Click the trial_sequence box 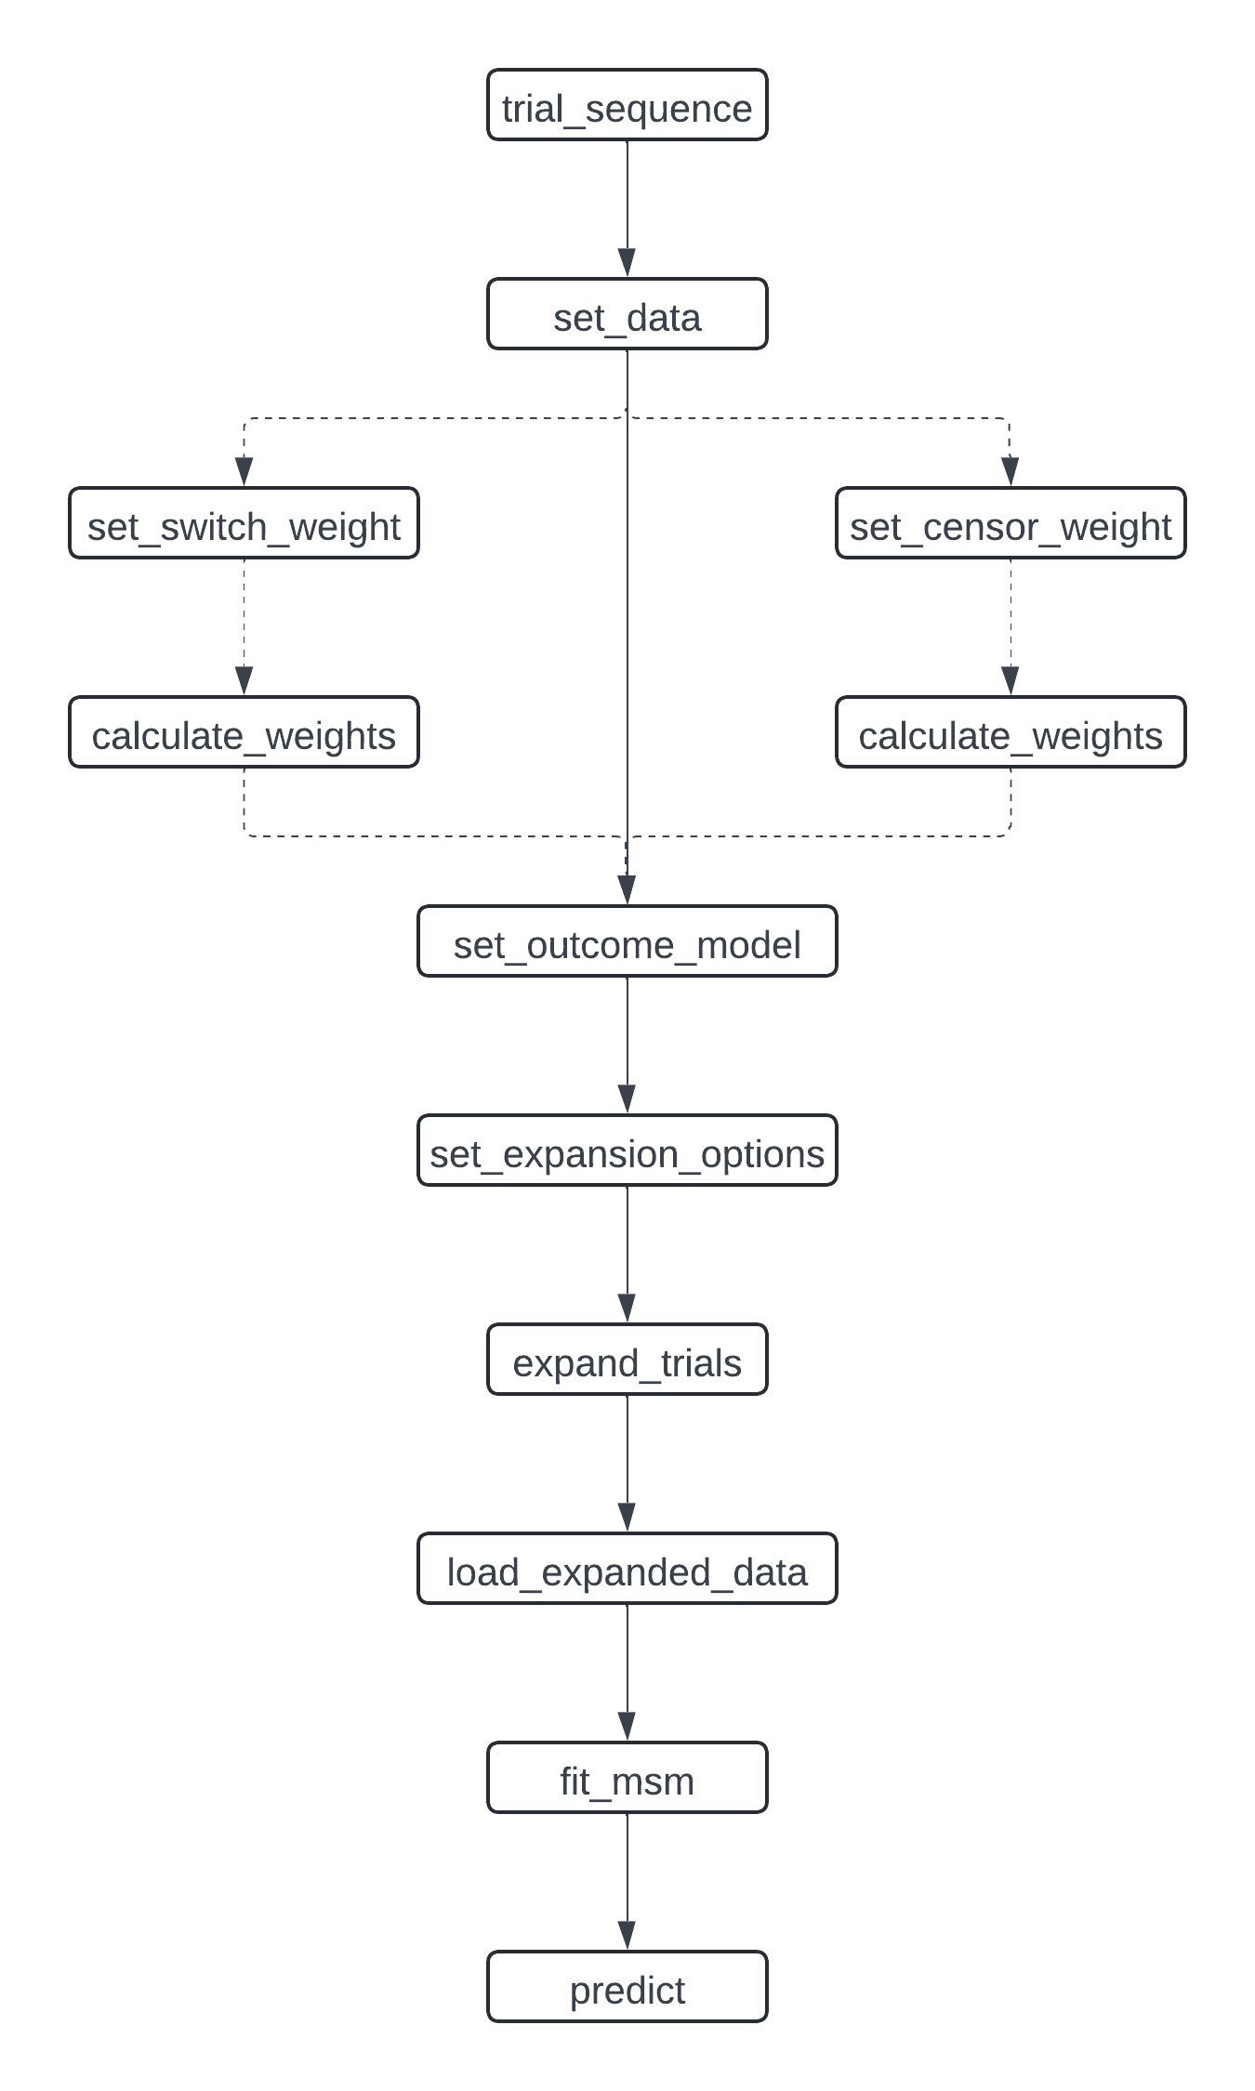[x=627, y=105]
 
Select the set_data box [x=627, y=314]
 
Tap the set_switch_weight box [x=244, y=523]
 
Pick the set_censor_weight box [x=1011, y=523]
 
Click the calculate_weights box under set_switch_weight [x=244, y=732]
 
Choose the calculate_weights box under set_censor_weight [x=1011, y=732]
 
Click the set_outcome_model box [x=627, y=941]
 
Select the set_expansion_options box [x=627, y=1151]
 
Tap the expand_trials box [x=627, y=1360]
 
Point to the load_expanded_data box [x=627, y=1569]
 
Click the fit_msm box [x=627, y=1778]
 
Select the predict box [x=627, y=1987]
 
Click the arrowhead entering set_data [x=627, y=263]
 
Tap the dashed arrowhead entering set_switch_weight [x=244, y=472]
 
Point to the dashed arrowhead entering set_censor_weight [x=1011, y=472]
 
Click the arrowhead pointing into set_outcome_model [x=627, y=890]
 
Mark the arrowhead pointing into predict [x=627, y=1936]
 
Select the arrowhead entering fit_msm [x=627, y=1727]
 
